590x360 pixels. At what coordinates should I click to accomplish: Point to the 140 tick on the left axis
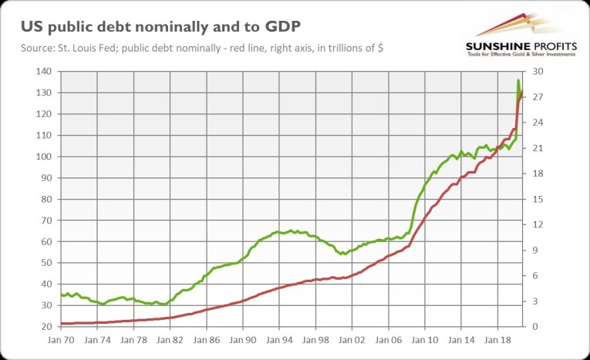click(x=44, y=72)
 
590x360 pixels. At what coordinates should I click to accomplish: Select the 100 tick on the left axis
click(x=44, y=156)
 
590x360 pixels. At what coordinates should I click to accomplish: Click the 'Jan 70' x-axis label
click(x=61, y=339)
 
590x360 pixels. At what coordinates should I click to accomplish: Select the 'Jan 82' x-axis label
click(x=170, y=339)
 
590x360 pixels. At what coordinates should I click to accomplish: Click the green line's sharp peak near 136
click(x=518, y=80)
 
